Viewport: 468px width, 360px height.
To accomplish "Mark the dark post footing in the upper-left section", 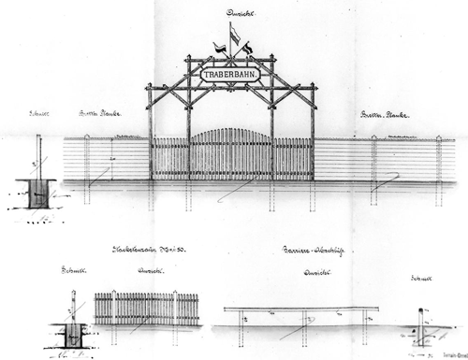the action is pos(38,194).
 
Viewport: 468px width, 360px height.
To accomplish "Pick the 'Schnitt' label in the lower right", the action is pos(421,279).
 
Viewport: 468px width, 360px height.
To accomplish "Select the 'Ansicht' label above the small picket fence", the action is pos(147,273).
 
